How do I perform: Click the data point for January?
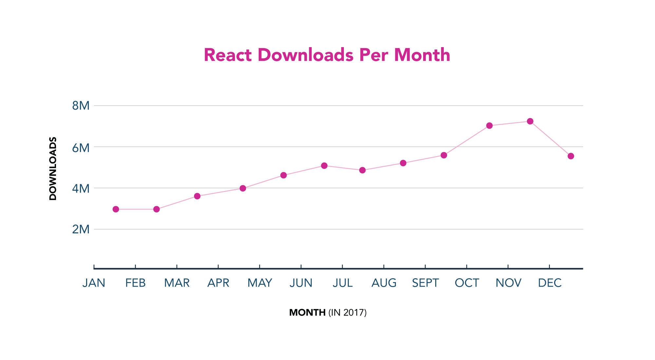[x=116, y=209]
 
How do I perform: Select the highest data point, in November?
[x=530, y=121]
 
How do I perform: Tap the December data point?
[x=571, y=156]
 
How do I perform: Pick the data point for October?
[x=489, y=126]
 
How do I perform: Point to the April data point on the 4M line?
[x=243, y=188]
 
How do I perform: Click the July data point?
[x=362, y=170]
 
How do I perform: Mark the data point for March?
[x=197, y=196]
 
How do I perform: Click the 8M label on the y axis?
[x=81, y=106]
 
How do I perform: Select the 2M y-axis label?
[x=81, y=229]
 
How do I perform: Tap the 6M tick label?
[x=81, y=148]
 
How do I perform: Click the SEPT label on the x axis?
[x=425, y=283]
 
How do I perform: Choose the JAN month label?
[x=94, y=283]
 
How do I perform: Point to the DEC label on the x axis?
[x=550, y=283]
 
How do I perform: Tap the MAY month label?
[x=260, y=283]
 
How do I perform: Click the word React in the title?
[x=228, y=55]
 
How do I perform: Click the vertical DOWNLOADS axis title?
[x=53, y=169]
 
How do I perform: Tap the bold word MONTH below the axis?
[x=307, y=313]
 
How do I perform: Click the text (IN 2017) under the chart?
[x=347, y=313]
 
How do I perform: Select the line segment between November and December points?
[x=550, y=139]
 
